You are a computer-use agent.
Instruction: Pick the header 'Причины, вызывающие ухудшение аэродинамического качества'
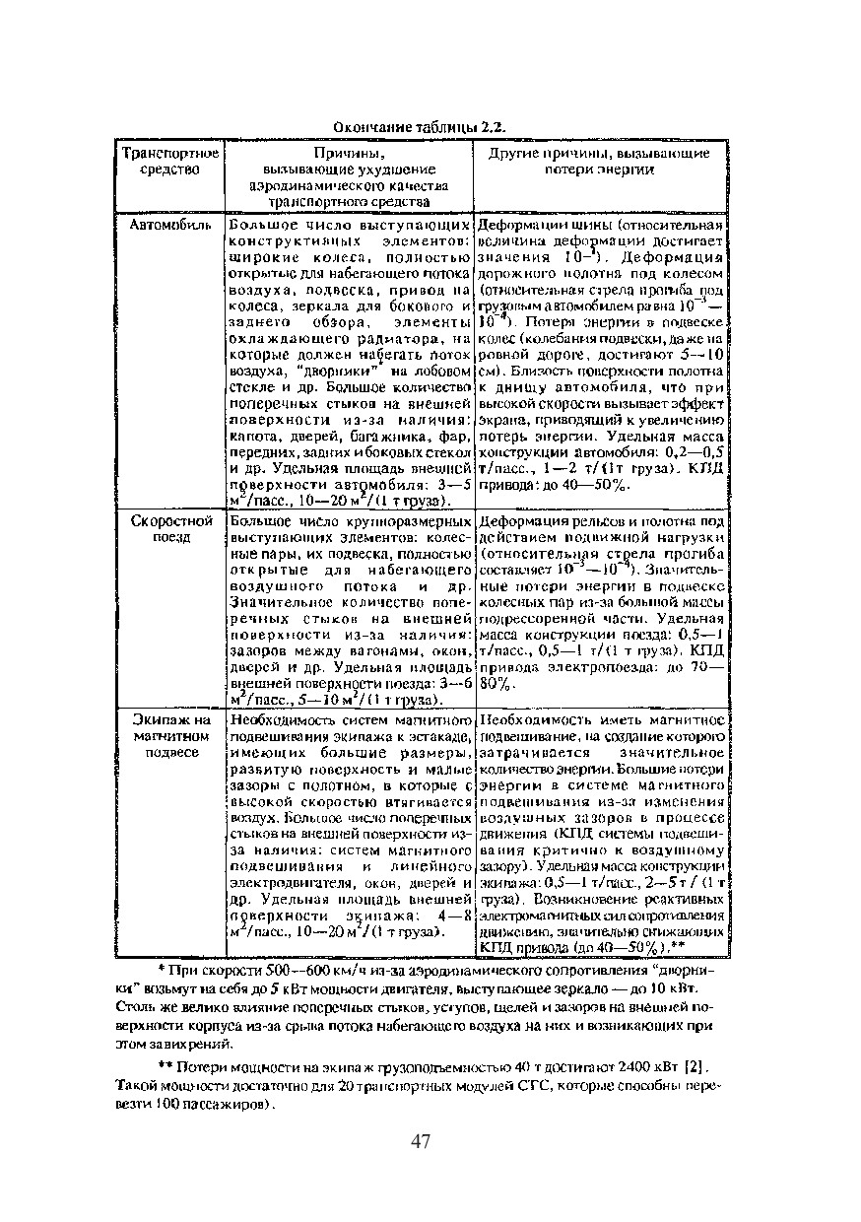[x=349, y=177]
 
